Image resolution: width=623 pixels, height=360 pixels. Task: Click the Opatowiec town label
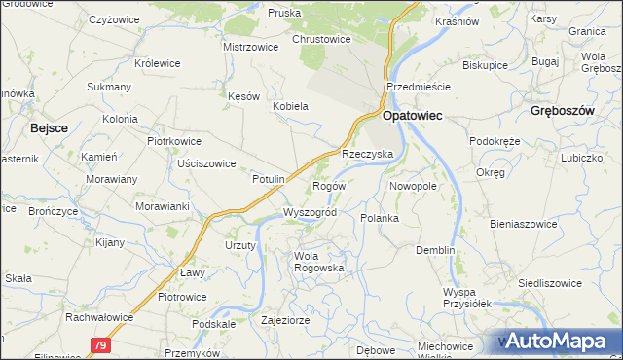point(412,115)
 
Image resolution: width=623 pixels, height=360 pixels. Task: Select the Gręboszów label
point(563,111)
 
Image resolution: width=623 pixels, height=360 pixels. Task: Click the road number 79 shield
point(100,344)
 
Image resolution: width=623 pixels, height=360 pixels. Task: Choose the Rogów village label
point(328,186)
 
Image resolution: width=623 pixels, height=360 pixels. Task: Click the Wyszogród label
point(310,212)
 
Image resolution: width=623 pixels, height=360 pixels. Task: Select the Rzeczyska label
point(366,155)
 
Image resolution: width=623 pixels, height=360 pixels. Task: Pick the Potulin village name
point(268,179)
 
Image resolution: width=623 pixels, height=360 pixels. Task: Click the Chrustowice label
point(321,40)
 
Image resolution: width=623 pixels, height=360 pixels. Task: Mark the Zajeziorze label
point(286,318)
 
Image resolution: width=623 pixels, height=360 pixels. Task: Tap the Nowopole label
point(412,185)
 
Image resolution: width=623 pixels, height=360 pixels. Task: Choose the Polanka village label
point(380,218)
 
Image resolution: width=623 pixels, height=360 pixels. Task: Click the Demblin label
point(435,250)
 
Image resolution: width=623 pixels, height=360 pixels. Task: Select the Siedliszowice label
point(577,282)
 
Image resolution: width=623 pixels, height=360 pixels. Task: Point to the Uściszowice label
point(206,163)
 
